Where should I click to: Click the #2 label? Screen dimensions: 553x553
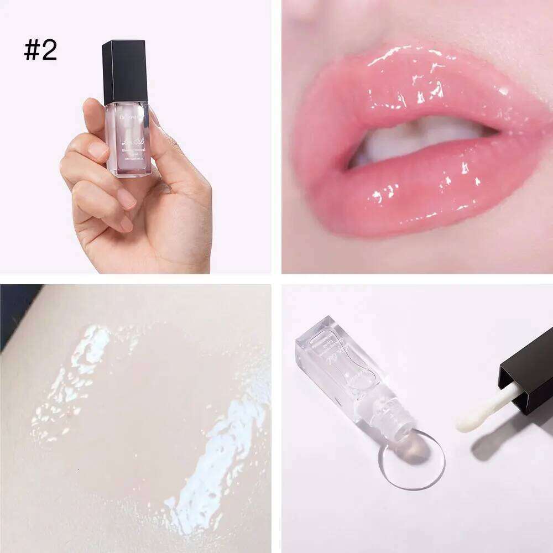pyautogui.click(x=40, y=50)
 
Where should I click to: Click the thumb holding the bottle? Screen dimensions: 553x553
pyautogui.click(x=94, y=119)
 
